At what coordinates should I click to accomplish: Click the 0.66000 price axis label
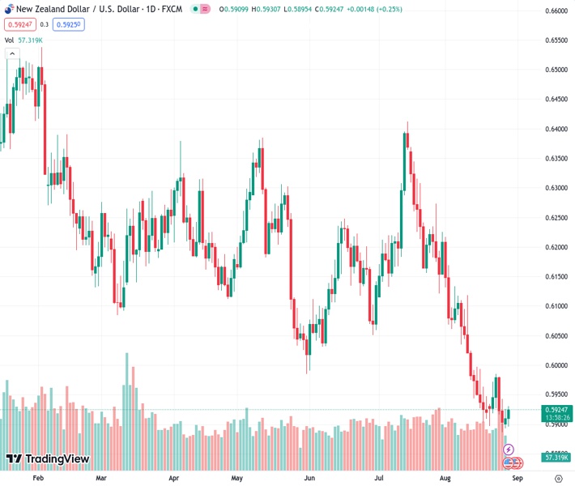pyautogui.click(x=555, y=11)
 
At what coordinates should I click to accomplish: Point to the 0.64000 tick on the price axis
pyautogui.click(x=555, y=129)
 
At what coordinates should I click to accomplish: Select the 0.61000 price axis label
pyautogui.click(x=555, y=306)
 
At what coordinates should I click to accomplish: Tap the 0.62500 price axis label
pyautogui.click(x=555, y=218)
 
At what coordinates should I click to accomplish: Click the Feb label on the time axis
pyautogui.click(x=37, y=478)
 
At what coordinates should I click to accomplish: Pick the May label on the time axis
pyautogui.click(x=237, y=478)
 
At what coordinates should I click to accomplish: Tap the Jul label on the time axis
pyautogui.click(x=379, y=478)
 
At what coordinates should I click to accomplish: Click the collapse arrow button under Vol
pyautogui.click(x=12, y=53)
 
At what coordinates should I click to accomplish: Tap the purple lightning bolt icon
pyautogui.click(x=509, y=449)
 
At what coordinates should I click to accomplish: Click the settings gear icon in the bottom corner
pyautogui.click(x=559, y=478)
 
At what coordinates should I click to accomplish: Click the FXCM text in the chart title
pyautogui.click(x=172, y=9)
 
